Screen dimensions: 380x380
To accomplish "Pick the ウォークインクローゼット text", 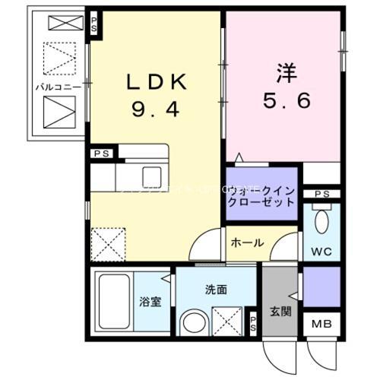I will pos(261,197).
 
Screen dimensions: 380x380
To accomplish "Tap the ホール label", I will pos(247,243).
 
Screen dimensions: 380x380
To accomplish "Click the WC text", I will pos(321,251).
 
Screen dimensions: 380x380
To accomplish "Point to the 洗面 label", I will pos(216,289).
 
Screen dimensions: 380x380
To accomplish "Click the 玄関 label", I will pos(280,309).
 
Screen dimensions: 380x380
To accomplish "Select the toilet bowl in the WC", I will pos(321,223).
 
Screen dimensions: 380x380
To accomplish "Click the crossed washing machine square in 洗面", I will pos(227,319).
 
